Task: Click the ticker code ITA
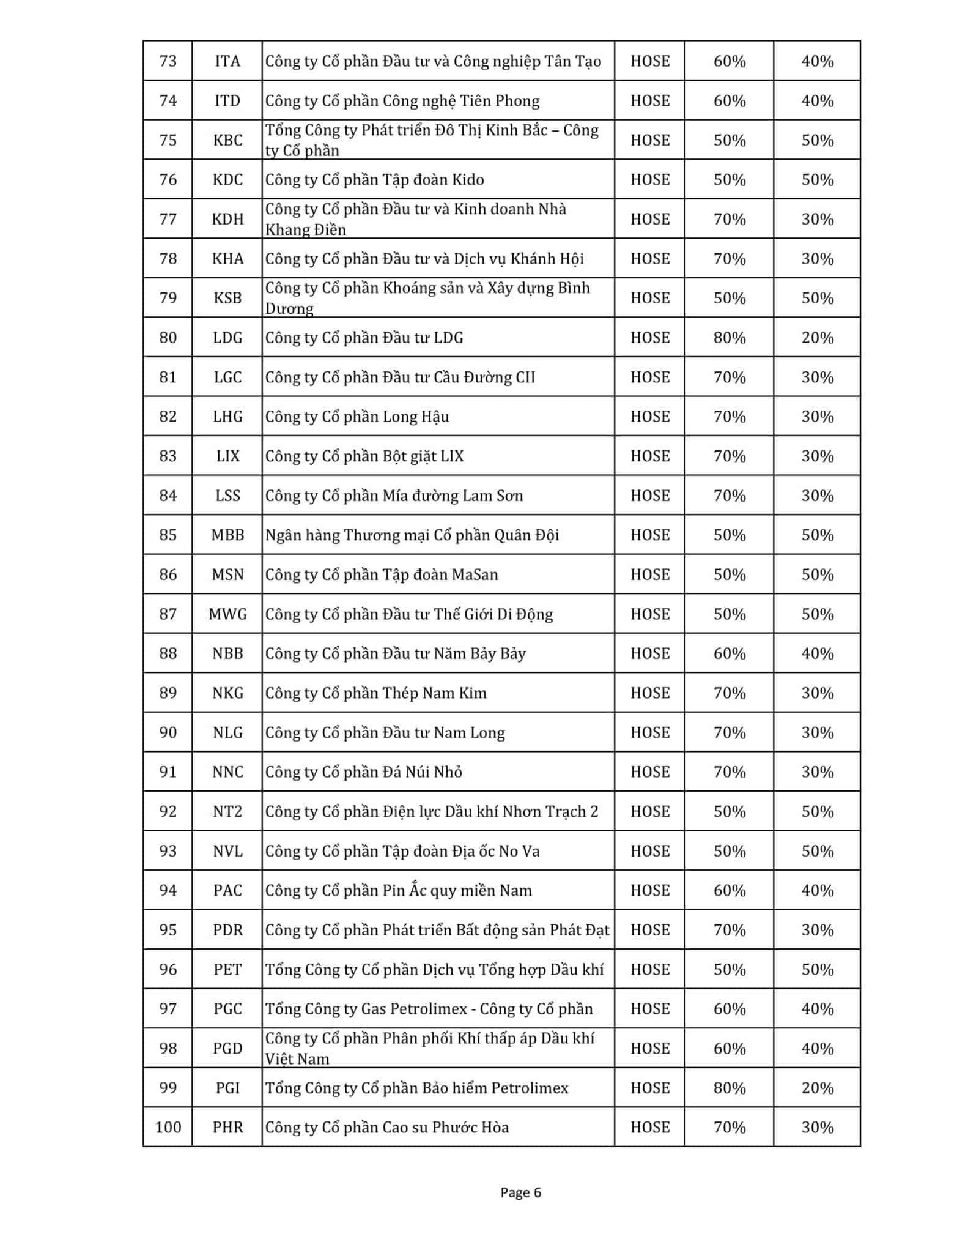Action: point(227,61)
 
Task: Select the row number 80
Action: point(168,338)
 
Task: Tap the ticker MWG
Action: point(227,614)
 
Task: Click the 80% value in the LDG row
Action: point(729,338)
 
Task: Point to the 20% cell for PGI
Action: point(817,1088)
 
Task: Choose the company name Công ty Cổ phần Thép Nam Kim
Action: point(375,693)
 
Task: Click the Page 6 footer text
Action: point(520,1192)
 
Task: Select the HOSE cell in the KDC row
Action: point(649,180)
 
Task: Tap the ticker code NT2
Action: point(227,812)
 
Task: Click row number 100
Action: point(168,1128)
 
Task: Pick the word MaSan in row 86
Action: point(475,575)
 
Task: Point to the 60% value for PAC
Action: point(729,891)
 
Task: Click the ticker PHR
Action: point(227,1128)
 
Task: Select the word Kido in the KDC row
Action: point(468,180)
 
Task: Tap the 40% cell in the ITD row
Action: point(817,101)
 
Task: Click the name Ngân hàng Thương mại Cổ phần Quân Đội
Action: point(412,535)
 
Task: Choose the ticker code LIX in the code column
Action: point(227,456)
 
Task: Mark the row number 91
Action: point(168,772)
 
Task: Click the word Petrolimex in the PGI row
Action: point(530,1088)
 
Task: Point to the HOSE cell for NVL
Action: point(649,851)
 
